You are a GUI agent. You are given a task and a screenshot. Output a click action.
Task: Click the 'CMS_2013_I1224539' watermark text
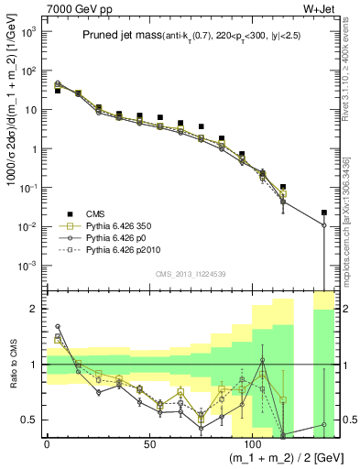pos(190,273)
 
